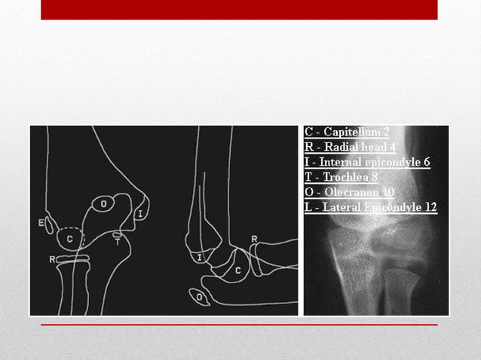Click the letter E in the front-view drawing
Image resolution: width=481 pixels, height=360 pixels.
pos(41,222)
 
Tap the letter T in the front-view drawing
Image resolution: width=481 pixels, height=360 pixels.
pos(118,242)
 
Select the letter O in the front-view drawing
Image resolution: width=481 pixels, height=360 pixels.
pos(103,203)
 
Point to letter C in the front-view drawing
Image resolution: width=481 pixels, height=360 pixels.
pos(70,239)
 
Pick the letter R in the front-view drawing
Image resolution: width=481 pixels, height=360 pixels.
pos(51,259)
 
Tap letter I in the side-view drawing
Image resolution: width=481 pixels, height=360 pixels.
pos(199,258)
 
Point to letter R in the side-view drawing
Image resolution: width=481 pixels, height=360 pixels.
pos(254,239)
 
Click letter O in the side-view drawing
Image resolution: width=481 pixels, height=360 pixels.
pos(199,297)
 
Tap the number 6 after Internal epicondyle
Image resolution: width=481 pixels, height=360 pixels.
pos(426,162)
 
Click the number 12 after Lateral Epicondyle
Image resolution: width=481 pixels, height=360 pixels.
pos(430,207)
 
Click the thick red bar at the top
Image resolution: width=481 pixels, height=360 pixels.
pos(239,9)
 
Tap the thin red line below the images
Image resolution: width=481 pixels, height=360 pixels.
pos(239,325)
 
